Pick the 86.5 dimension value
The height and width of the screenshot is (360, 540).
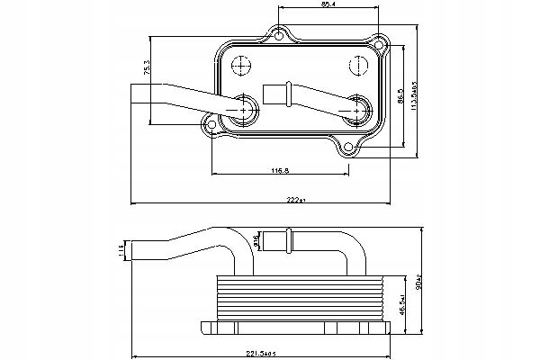pos(399,93)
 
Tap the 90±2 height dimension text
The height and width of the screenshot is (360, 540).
pos(418,283)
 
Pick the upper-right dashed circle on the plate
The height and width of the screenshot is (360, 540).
pos(356,66)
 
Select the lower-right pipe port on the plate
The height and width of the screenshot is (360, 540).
pos(357,109)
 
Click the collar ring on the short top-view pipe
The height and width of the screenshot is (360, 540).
pos(289,90)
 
